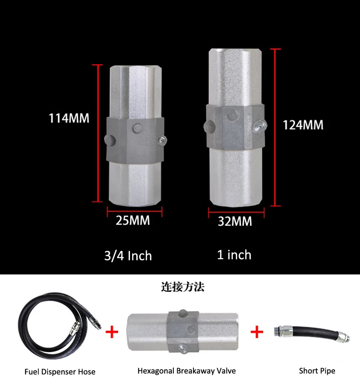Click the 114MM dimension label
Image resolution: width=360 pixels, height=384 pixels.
point(69,118)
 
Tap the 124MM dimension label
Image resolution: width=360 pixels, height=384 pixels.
point(303,125)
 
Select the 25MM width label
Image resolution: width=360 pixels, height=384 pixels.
point(133,220)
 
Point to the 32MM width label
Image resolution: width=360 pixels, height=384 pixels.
point(235,221)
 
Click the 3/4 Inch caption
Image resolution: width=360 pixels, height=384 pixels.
point(128,256)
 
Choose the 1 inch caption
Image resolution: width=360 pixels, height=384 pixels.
point(234,255)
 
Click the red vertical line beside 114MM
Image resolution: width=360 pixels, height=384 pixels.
point(98,133)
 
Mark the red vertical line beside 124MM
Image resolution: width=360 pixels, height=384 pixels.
point(275,128)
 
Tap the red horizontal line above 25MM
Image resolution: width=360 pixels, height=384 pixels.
point(134,210)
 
